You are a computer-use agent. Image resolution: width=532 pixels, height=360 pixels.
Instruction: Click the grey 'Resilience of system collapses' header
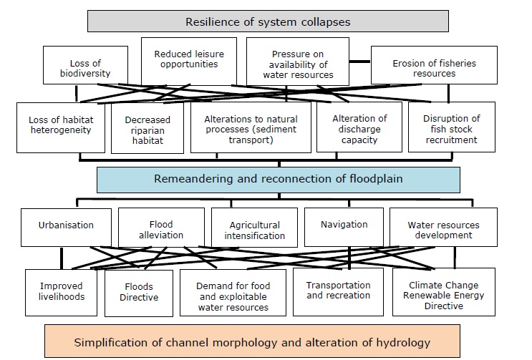pyautogui.click(x=268, y=21)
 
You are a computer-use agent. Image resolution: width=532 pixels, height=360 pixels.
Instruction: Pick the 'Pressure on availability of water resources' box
pyautogui.click(x=303, y=64)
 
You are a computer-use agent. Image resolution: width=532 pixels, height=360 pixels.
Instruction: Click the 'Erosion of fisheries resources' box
pyautogui.click(x=434, y=69)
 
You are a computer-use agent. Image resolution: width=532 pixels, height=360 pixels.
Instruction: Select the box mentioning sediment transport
pyautogui.click(x=251, y=130)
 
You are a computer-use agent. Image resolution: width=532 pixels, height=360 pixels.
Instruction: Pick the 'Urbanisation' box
pyautogui.click(x=66, y=225)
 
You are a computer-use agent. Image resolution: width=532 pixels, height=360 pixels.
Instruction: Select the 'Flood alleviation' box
pyautogui.click(x=161, y=229)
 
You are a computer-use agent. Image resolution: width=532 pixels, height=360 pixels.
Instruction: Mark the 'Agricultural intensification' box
pyautogui.click(x=254, y=230)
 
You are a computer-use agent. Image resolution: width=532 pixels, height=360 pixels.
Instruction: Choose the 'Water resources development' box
pyautogui.click(x=442, y=229)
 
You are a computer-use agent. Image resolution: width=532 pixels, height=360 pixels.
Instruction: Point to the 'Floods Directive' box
pyautogui.click(x=138, y=292)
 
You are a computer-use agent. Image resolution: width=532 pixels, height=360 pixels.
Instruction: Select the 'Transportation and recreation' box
pyautogui.click(x=338, y=290)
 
